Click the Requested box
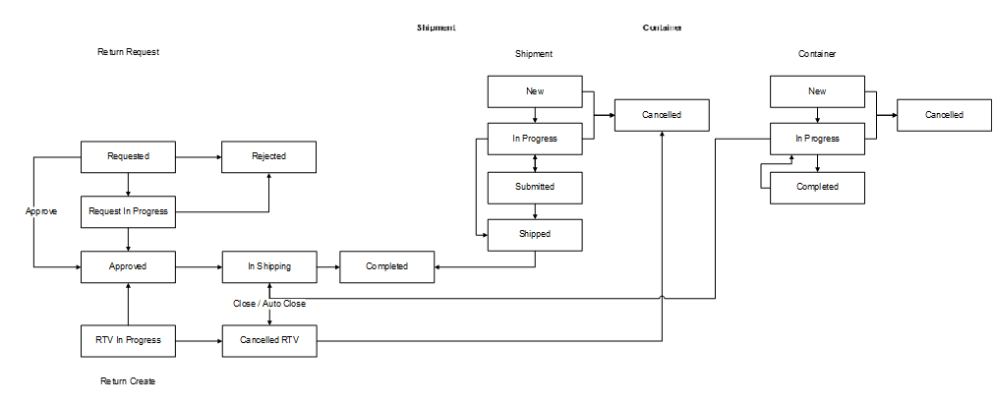(128, 156)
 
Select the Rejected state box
(268, 156)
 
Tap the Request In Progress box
(128, 211)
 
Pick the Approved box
(128, 266)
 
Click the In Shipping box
(268, 266)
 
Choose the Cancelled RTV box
(268, 341)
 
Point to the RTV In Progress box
(128, 341)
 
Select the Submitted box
(535, 187)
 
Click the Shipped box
(535, 234)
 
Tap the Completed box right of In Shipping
(386, 266)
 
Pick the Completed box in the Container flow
(817, 187)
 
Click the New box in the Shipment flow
(535, 91)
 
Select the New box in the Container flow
(817, 91)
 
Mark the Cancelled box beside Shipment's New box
(662, 115)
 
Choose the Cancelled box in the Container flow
(944, 115)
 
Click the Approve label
(41, 211)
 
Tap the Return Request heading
(128, 52)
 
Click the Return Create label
(128, 380)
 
